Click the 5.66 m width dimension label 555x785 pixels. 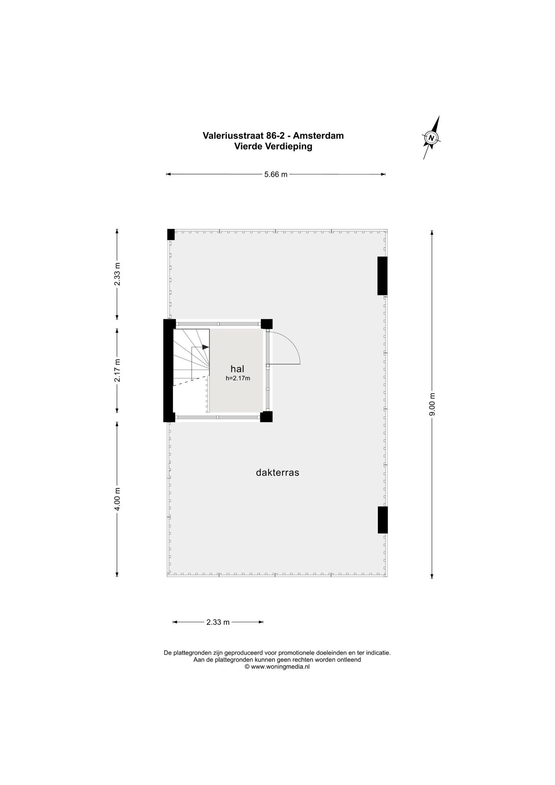click(276, 174)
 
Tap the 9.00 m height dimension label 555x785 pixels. click(432, 404)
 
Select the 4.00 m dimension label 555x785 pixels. click(117, 499)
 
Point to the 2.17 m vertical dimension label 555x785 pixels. click(117, 370)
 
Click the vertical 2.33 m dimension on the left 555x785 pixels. click(117, 274)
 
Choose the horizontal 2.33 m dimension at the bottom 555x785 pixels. click(218, 622)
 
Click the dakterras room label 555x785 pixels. click(277, 473)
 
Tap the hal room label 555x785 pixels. click(237, 369)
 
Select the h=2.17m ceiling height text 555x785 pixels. click(238, 378)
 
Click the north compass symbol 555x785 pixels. click(432, 138)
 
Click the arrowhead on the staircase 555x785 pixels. click(206, 347)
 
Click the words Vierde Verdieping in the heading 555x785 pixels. click(273, 146)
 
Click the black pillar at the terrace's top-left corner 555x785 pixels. click(171, 234)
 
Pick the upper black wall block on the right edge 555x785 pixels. click(383, 276)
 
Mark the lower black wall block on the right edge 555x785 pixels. click(383, 520)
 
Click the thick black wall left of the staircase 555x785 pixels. click(169, 371)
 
